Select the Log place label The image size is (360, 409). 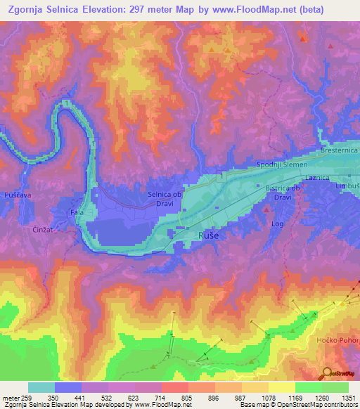277,223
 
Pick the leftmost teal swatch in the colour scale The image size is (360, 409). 41,387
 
